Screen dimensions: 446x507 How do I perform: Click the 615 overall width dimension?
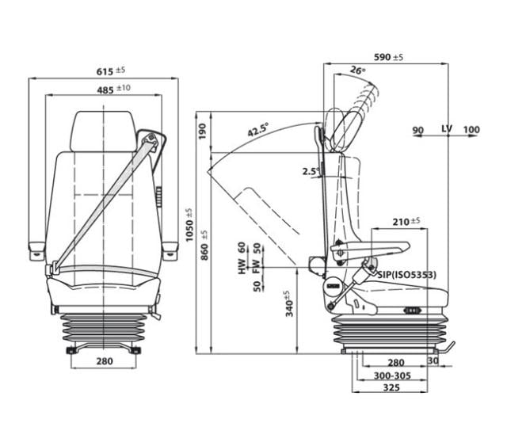(104, 71)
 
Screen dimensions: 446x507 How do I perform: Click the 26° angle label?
(357, 71)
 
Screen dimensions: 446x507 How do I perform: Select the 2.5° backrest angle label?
(311, 171)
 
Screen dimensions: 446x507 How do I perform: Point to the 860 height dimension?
(204, 246)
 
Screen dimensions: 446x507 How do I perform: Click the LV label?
(448, 129)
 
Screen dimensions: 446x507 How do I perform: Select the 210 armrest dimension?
(406, 221)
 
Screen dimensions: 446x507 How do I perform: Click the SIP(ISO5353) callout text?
(407, 274)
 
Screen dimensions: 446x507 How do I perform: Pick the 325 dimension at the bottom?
(391, 389)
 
